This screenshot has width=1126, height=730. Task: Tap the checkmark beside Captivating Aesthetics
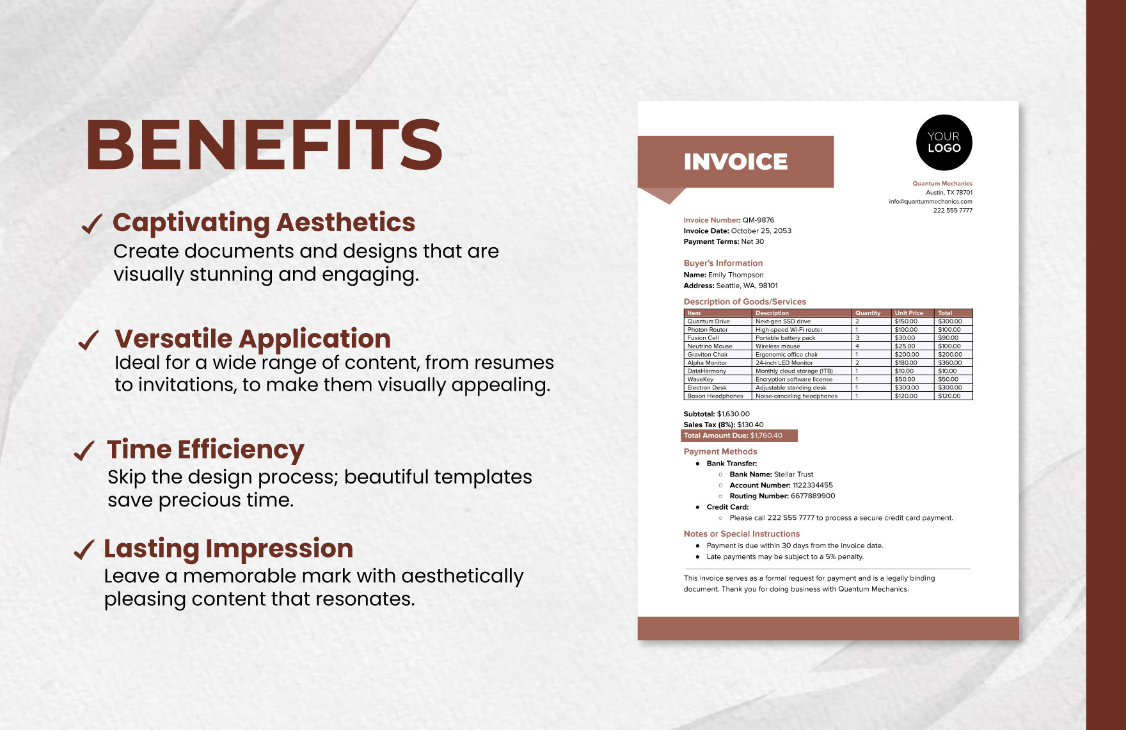click(91, 223)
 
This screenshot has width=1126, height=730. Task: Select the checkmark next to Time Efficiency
click(84, 451)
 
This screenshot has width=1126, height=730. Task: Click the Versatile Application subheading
click(252, 339)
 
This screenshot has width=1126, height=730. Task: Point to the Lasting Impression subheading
click(228, 549)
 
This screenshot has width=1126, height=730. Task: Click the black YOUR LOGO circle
click(944, 143)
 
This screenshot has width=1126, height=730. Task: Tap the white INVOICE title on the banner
click(736, 162)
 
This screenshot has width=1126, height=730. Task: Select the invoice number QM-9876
click(758, 220)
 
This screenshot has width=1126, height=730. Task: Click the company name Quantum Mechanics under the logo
click(942, 184)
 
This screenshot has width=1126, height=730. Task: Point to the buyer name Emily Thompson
click(735, 275)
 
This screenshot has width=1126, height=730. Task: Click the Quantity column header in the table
click(868, 313)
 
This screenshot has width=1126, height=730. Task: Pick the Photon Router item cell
click(708, 330)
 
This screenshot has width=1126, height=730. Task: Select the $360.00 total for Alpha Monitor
click(949, 363)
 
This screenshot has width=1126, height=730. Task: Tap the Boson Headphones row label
click(715, 396)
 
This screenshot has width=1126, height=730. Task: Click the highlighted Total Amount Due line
click(739, 436)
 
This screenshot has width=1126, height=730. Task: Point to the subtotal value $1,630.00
click(733, 414)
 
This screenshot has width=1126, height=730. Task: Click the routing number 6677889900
click(813, 496)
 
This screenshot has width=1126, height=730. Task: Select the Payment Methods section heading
click(720, 452)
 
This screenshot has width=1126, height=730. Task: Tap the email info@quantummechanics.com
click(930, 202)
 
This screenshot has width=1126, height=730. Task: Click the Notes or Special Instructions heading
click(741, 534)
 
